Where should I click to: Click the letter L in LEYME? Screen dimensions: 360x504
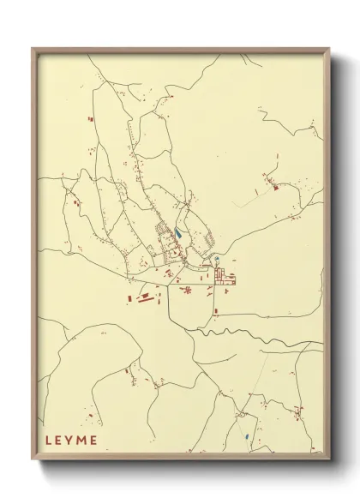point(49,441)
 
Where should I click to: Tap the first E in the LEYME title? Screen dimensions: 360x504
point(60,441)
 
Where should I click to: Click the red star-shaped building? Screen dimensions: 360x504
point(187,290)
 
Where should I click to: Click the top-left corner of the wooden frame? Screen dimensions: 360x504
point(33,49)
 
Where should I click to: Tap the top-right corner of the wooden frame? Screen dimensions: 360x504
point(330,49)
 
